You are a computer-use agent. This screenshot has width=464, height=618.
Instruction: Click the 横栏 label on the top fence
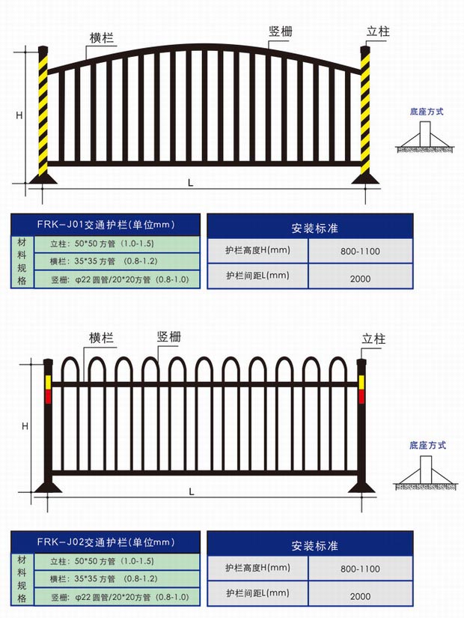102,38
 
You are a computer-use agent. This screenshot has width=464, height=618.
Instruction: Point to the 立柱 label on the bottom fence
374,338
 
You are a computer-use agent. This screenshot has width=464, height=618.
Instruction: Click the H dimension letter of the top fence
20,115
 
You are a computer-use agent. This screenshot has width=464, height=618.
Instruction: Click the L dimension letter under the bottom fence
192,491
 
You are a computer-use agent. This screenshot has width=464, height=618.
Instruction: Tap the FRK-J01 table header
105,224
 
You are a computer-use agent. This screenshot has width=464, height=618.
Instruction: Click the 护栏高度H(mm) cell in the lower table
257,569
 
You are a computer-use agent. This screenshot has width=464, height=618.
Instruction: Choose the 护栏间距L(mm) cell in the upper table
257,276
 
